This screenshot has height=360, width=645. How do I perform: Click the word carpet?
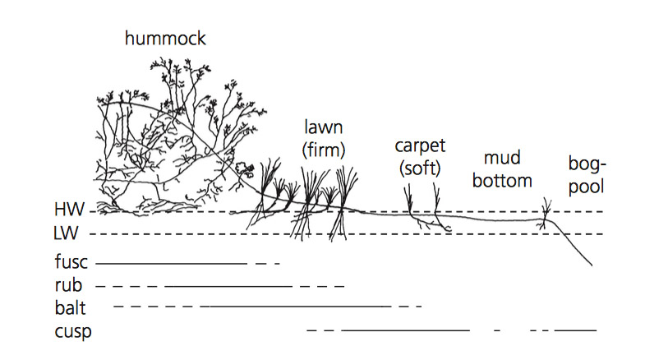coord(419,146)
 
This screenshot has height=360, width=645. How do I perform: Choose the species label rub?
coord(66,286)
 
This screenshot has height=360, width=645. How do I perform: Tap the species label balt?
coord(70,308)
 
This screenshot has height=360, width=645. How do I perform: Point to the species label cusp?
coord(71,331)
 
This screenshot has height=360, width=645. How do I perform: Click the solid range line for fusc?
coord(171,264)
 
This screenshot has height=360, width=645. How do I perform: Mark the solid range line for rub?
coord(228,286)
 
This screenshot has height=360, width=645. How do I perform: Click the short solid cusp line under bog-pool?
coord(575,330)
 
